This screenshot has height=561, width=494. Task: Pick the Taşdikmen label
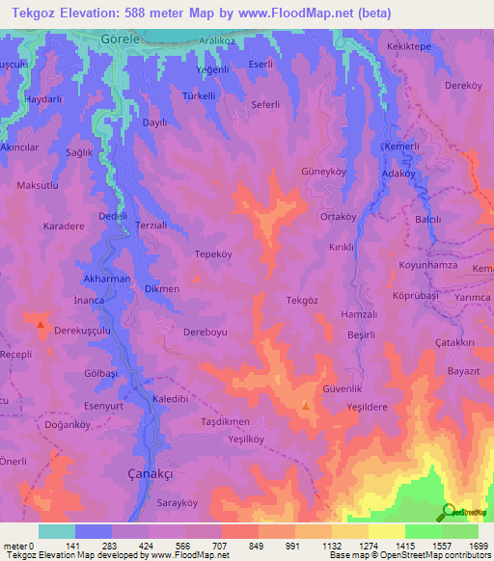pos(225,422)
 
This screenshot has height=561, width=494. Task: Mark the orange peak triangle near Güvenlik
pos(306,406)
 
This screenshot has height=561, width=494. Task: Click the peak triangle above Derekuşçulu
pos(40,325)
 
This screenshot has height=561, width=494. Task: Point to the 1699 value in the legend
pos(478,547)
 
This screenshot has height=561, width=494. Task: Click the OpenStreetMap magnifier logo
pos(448,513)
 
